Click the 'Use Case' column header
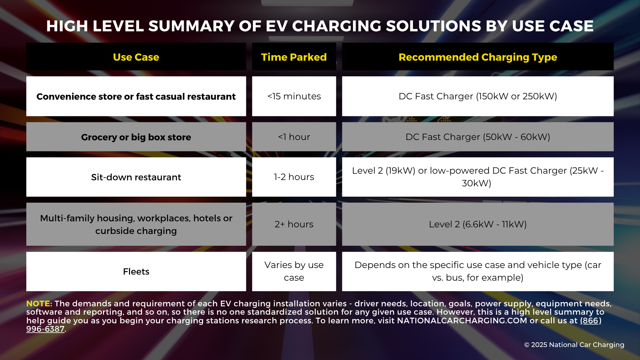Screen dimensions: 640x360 point(136,57)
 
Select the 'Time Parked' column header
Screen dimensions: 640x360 point(294,57)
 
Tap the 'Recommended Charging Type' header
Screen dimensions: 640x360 point(478,57)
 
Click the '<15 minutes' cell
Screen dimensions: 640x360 point(294,96)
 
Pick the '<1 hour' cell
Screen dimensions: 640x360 point(294,137)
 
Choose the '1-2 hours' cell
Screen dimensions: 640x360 point(294,177)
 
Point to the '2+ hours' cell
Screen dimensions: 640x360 point(294,224)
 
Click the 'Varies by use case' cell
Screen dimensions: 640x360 point(294,271)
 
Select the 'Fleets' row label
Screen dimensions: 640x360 point(136,272)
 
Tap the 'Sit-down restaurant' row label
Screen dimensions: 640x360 point(136,177)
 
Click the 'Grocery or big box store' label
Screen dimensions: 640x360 point(136,137)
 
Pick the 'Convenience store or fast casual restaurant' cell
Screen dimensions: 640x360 point(136,97)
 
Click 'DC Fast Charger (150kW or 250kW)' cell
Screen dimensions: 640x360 point(478,96)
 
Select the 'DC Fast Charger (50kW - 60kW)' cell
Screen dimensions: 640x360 point(478,137)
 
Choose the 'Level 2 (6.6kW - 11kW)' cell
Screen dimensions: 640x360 point(478,224)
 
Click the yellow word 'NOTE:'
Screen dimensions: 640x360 point(39,304)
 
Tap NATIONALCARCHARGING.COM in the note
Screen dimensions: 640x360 point(462,321)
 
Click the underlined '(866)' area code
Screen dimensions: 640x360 point(591,321)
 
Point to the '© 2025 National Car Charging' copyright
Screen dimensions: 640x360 point(574,345)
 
